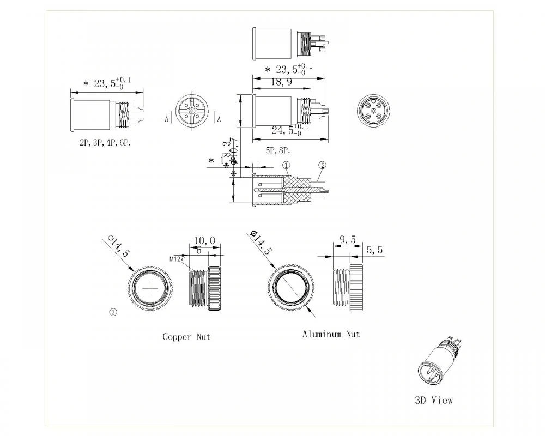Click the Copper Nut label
(186, 337)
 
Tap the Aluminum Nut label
(331, 334)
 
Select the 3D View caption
(434, 400)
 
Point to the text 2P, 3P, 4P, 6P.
(105, 142)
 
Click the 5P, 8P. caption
(278, 150)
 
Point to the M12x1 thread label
(178, 259)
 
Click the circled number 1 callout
(287, 165)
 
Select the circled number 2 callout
(322, 165)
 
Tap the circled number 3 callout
(113, 313)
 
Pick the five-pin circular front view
(375, 113)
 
